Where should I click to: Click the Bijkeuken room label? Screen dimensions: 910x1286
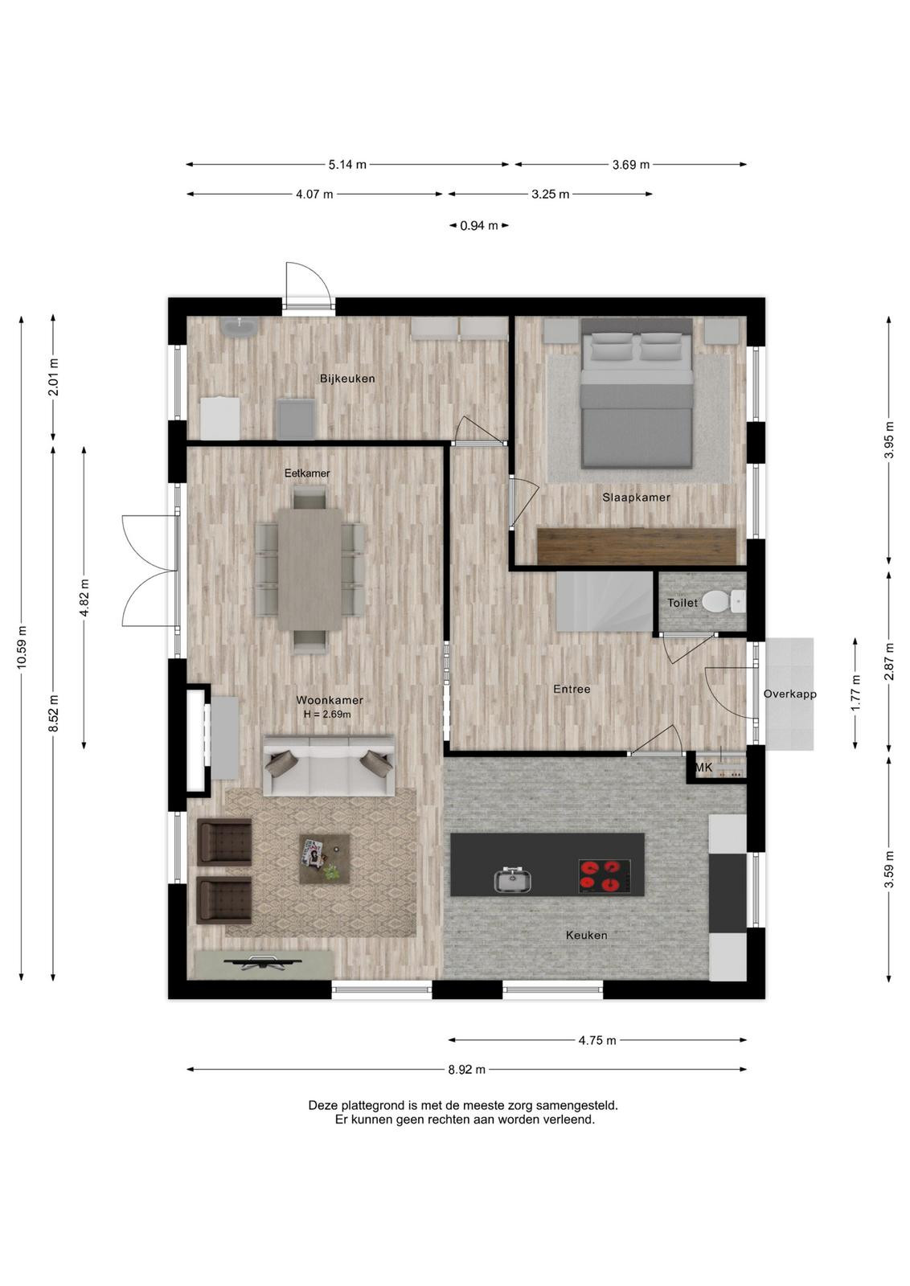[347, 379]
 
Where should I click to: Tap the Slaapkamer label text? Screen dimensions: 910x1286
[636, 498]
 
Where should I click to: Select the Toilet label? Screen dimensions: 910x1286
[682, 603]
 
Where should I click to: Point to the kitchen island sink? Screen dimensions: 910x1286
[514, 880]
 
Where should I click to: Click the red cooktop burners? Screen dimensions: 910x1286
[604, 876]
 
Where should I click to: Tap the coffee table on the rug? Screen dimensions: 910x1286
[325, 859]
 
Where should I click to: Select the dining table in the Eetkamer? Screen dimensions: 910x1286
[309, 569]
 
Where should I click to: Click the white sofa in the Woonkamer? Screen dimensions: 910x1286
[329, 766]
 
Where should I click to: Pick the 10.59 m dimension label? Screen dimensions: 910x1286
[22, 647]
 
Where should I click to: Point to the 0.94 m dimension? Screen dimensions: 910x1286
[479, 226]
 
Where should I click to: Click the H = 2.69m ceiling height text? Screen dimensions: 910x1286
[327, 715]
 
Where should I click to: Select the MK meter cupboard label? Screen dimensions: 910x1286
[703, 767]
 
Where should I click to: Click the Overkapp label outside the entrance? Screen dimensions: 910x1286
[789, 694]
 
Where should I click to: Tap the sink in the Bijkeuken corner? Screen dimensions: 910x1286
[239, 328]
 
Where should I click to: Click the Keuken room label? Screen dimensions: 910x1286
[586, 936]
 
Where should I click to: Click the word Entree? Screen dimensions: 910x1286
[572, 689]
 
